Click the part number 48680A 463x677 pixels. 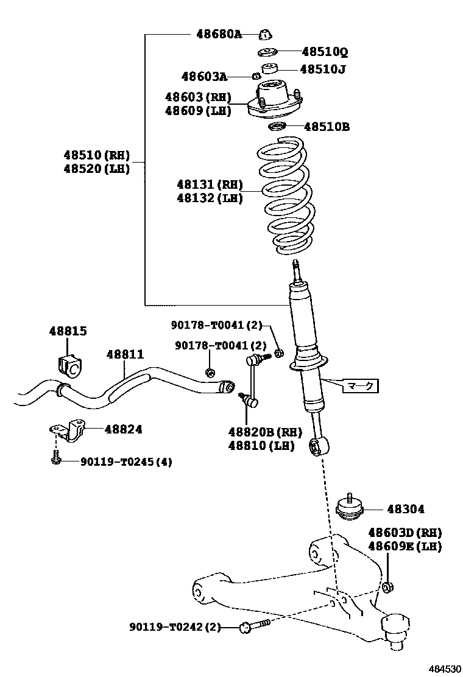pyautogui.click(x=218, y=34)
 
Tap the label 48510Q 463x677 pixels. pyautogui.click(x=325, y=52)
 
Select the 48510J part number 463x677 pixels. pyautogui.click(x=322, y=69)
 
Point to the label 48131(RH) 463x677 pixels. pyautogui.click(x=210, y=184)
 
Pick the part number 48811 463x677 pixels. pyautogui.click(x=125, y=354)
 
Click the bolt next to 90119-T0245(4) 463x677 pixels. pyautogui.click(x=56, y=459)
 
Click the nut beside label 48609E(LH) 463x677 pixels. pyautogui.click(x=387, y=588)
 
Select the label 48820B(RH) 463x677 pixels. pyautogui.click(x=265, y=432)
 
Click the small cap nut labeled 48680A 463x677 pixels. pyautogui.click(x=265, y=34)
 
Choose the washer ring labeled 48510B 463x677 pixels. pyautogui.click(x=278, y=127)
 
